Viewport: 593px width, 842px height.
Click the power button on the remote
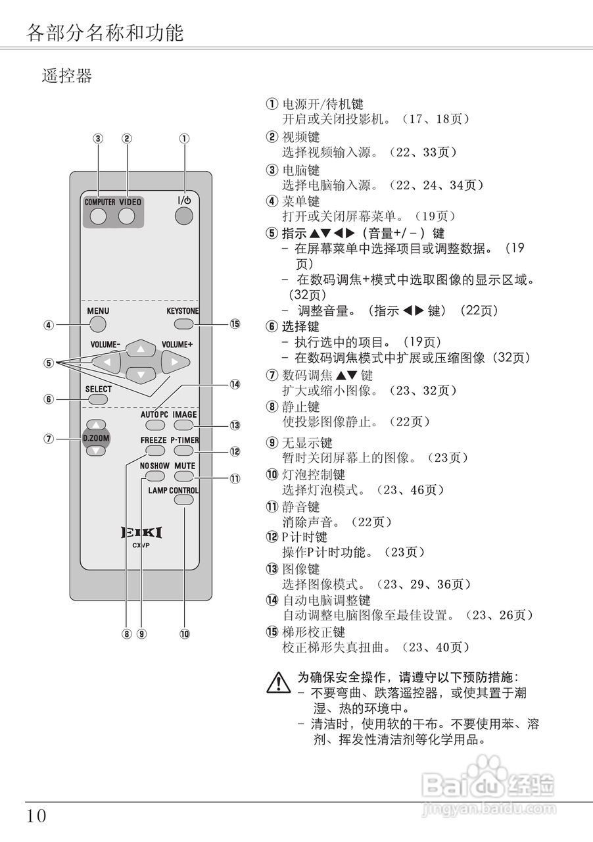(185, 215)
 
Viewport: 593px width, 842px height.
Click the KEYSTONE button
(184, 324)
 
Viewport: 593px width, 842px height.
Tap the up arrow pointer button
(140, 348)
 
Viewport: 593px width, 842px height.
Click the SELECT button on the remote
(98, 399)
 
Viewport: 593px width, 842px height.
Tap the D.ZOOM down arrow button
(97, 451)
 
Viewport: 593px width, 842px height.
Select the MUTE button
(184, 476)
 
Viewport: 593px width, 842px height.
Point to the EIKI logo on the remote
(141, 532)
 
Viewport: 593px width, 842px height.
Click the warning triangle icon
(279, 682)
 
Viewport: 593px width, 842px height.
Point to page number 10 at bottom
(37, 816)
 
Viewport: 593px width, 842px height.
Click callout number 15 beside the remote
(235, 324)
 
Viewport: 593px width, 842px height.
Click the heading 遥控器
(67, 76)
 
